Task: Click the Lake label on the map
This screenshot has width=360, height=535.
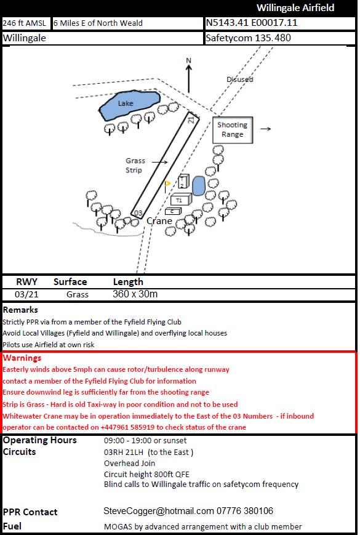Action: coord(126,103)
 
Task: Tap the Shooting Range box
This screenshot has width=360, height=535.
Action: coord(233,129)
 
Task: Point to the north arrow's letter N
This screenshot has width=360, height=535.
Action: coord(190,60)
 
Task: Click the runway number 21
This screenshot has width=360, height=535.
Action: coord(191,119)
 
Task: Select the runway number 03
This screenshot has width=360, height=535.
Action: coord(138,212)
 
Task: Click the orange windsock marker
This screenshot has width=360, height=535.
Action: coord(167,183)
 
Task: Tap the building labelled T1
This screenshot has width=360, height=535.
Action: coord(180,200)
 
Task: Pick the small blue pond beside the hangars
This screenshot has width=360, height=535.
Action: coord(199,186)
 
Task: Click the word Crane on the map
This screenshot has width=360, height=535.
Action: coord(159,221)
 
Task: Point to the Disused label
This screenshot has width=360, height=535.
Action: coord(239,79)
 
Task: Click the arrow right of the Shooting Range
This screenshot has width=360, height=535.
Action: coord(266,129)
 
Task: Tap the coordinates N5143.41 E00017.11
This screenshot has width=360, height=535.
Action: coord(252,23)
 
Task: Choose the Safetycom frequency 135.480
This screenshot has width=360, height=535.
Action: coord(248,38)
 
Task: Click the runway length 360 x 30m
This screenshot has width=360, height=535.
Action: coord(135,294)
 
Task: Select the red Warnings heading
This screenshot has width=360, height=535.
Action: coord(22,358)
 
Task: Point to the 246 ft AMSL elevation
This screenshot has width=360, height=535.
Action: coord(25,23)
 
